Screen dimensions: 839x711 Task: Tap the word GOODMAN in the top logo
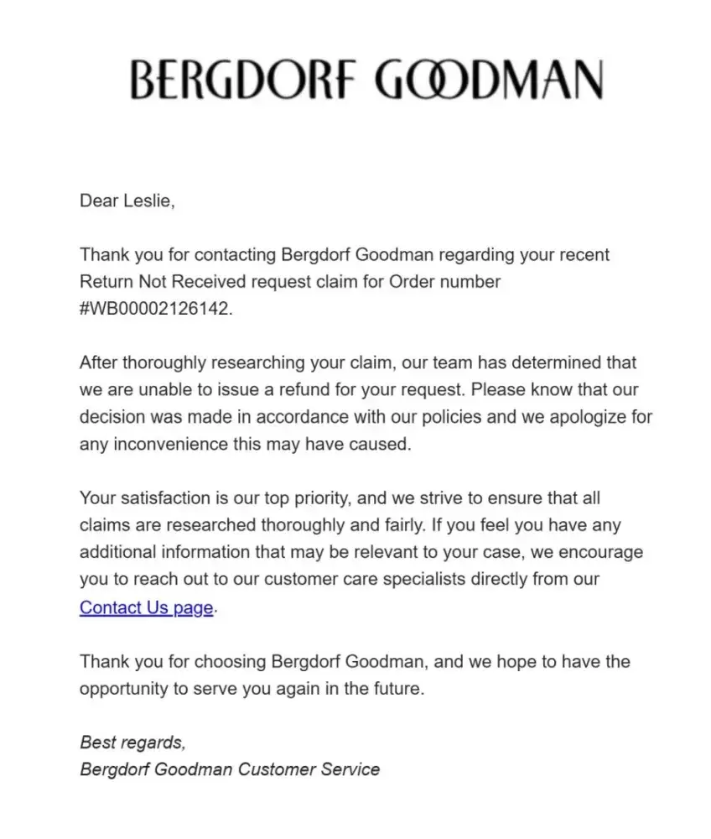pyautogui.click(x=489, y=81)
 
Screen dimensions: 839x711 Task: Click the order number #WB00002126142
pyautogui.click(x=154, y=308)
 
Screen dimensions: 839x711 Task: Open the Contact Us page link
pyautogui.click(x=146, y=607)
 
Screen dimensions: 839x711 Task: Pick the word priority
pyautogui.click(x=318, y=498)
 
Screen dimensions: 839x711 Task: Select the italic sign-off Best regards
pyautogui.click(x=132, y=742)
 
